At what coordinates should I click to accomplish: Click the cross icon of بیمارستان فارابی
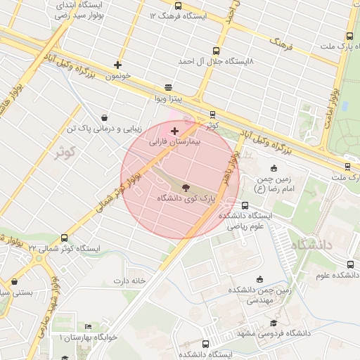click(174, 131)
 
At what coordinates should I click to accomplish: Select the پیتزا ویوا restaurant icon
click(168, 88)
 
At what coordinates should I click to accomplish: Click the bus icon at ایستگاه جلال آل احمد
click(215, 51)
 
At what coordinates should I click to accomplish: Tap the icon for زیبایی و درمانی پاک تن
click(105, 117)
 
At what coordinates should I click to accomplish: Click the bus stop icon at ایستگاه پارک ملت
click(349, 37)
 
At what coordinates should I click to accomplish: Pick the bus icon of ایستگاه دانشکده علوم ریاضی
click(245, 205)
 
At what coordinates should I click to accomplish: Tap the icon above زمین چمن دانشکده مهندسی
click(259, 279)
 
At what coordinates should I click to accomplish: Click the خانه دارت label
click(130, 280)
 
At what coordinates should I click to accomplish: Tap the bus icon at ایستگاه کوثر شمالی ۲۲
click(65, 238)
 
